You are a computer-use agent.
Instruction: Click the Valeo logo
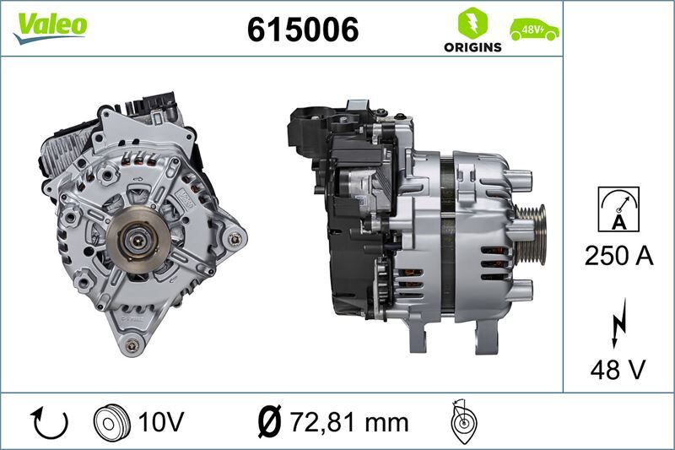click(x=49, y=25)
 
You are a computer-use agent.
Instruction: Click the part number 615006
click(x=302, y=30)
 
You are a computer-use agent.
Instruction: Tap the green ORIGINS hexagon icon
click(x=472, y=22)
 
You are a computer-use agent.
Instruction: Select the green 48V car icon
click(x=533, y=30)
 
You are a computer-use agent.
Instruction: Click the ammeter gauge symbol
click(x=618, y=209)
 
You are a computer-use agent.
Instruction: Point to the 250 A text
click(x=618, y=257)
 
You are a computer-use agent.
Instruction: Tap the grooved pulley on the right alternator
click(x=532, y=225)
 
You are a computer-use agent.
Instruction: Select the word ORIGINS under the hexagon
click(x=472, y=47)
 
